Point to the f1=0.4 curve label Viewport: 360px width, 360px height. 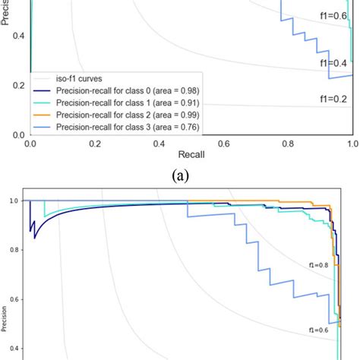pos(334,62)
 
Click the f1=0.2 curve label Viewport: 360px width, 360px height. pos(334,97)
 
